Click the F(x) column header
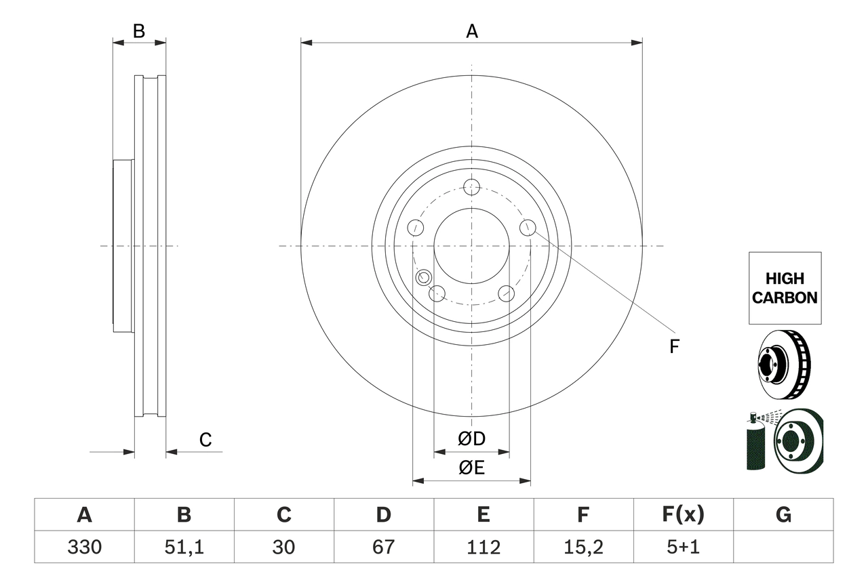pyautogui.click(x=683, y=516)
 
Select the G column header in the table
pyautogui.click(x=783, y=516)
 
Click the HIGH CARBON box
pyautogui.click(x=785, y=288)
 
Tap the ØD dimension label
pyautogui.click(x=472, y=439)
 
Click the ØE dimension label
pyautogui.click(x=472, y=468)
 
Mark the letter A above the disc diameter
pyautogui.click(x=472, y=31)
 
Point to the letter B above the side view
pyautogui.click(x=139, y=31)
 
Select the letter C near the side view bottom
pyautogui.click(x=205, y=440)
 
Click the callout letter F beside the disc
pyautogui.click(x=673, y=347)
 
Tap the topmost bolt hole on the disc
pyautogui.click(x=472, y=187)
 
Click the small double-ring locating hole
pyautogui.click(x=424, y=276)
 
